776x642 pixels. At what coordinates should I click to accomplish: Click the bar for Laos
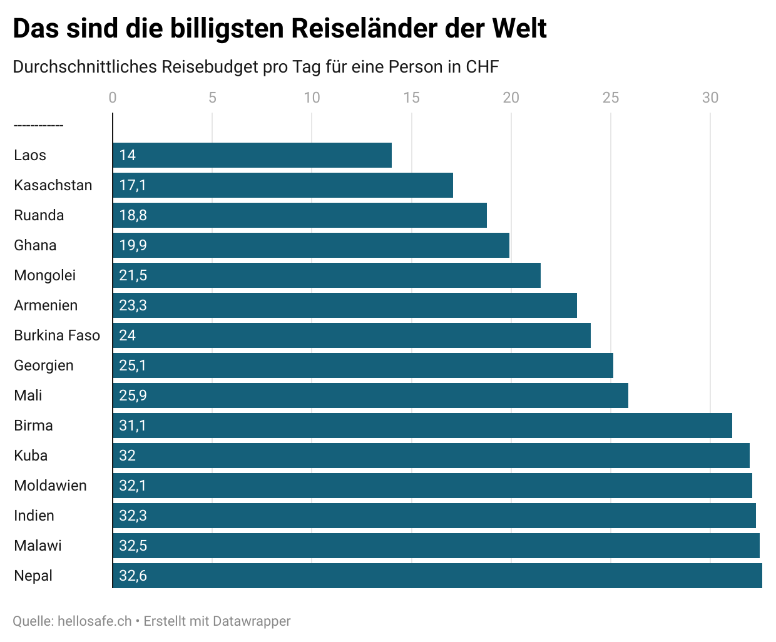[x=252, y=155]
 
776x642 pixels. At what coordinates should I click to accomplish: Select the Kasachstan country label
[x=53, y=185]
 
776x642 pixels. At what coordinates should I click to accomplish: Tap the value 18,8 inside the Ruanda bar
[x=133, y=215]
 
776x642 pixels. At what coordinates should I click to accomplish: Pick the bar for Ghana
[x=311, y=245]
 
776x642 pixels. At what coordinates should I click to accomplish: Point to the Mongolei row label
[x=45, y=275]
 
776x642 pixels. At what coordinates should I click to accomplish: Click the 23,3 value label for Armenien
[x=133, y=305]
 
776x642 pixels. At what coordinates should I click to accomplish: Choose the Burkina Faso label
[x=57, y=335]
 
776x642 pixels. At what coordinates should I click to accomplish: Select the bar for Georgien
[x=363, y=365]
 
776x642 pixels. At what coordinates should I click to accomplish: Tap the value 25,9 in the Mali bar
[x=133, y=395]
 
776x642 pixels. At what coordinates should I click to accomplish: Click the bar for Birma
[x=422, y=425]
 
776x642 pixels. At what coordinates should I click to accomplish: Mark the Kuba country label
[x=31, y=456]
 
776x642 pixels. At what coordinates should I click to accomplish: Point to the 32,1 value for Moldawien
[x=133, y=486]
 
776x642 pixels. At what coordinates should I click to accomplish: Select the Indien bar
[x=434, y=516]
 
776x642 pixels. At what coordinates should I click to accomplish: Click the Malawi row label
[x=38, y=546]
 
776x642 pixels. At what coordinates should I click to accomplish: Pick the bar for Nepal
[x=437, y=576]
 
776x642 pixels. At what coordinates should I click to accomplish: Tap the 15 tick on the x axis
[x=411, y=98]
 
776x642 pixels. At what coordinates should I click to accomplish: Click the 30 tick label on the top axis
[x=710, y=98]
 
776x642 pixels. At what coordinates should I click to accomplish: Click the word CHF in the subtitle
[x=482, y=67]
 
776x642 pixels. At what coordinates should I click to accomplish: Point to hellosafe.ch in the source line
[x=94, y=621]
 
